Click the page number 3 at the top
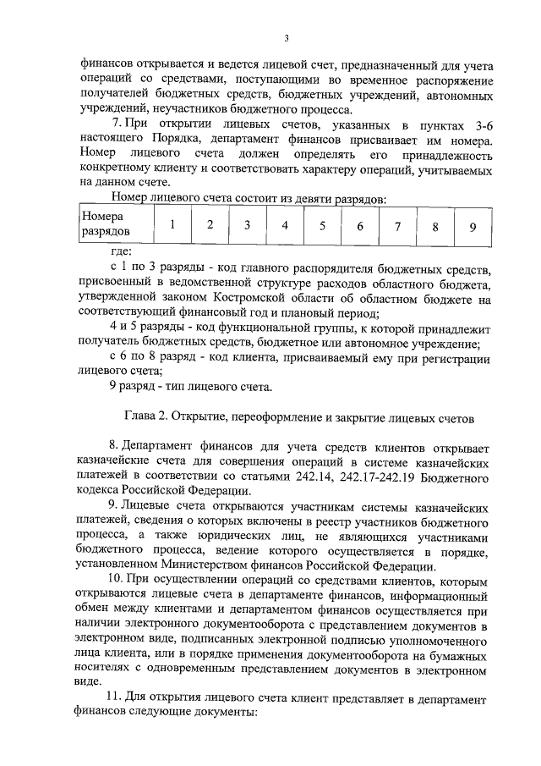(287, 37)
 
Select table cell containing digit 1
(172, 225)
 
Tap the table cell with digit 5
(322, 226)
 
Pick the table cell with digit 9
(473, 226)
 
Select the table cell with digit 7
(397, 226)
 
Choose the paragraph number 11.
(114, 696)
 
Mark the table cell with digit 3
(248, 226)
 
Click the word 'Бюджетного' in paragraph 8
(463, 477)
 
